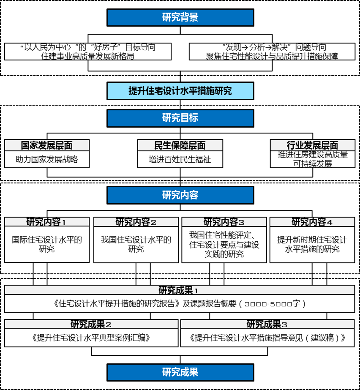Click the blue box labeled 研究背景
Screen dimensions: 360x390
click(x=180, y=17)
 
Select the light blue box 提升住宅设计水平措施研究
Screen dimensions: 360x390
click(x=180, y=91)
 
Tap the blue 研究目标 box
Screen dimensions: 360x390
click(x=180, y=118)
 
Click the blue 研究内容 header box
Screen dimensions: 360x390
click(x=180, y=195)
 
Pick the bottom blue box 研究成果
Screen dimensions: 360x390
click(x=180, y=372)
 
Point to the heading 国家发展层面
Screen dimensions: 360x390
click(x=46, y=145)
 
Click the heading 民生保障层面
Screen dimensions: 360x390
click(x=180, y=145)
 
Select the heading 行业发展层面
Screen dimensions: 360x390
click(x=313, y=145)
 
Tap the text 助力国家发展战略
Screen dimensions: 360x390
click(x=47, y=159)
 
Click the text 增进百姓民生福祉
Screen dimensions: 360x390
click(x=180, y=159)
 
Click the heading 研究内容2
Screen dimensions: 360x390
click(x=136, y=222)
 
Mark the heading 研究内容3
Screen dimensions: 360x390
click(x=224, y=222)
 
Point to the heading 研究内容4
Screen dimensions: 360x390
click(x=312, y=222)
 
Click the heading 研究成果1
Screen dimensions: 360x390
click(x=178, y=290)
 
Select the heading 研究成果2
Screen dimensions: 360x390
click(x=91, y=325)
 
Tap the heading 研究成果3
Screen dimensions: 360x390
click(x=267, y=325)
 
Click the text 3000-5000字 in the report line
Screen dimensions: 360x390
click(x=273, y=304)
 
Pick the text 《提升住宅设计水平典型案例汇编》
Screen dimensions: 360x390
click(x=91, y=338)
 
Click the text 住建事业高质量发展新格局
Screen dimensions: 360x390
click(x=87, y=56)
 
